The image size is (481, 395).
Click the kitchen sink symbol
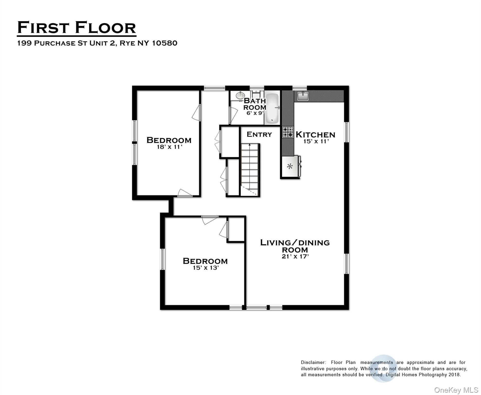(x=303, y=96)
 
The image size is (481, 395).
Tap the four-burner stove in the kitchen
(x=288, y=132)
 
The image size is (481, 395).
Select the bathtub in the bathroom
(x=272, y=108)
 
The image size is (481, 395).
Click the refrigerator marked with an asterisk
(x=290, y=167)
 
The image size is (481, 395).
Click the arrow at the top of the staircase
(x=249, y=146)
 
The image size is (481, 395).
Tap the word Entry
(x=259, y=134)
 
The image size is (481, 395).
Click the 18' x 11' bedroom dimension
(x=169, y=147)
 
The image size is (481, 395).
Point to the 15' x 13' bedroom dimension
(x=206, y=268)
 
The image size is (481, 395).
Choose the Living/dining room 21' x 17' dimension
(x=295, y=256)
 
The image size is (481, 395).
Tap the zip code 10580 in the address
(x=165, y=43)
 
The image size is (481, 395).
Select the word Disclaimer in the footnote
(x=313, y=362)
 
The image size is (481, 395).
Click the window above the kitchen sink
(x=300, y=88)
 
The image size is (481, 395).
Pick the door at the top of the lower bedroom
(x=209, y=220)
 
